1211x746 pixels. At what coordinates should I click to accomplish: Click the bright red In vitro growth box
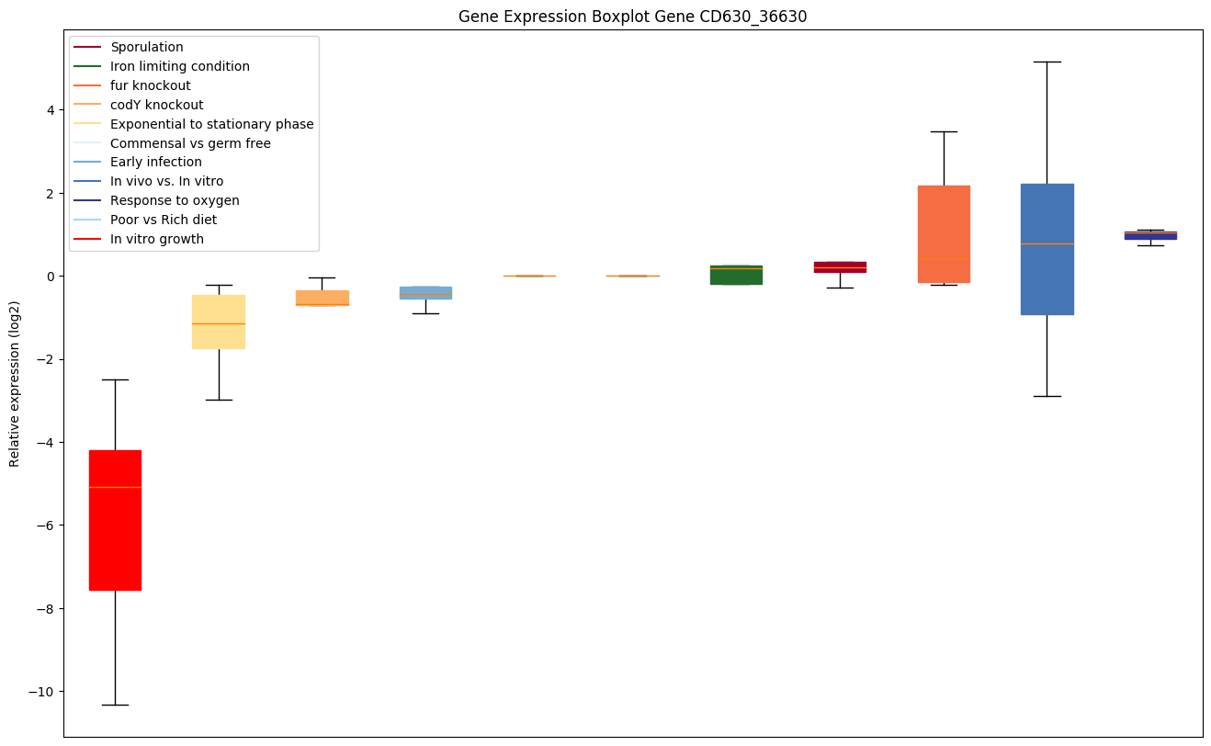[115, 533]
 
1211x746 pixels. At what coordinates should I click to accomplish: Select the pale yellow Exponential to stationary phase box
[219, 322]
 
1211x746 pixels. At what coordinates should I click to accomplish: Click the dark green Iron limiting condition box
[736, 275]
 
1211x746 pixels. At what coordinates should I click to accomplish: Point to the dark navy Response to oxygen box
[1150, 235]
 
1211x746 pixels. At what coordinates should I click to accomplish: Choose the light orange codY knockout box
[322, 298]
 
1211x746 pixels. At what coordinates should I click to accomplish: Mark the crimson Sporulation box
[840, 267]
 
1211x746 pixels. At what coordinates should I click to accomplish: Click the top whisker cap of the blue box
[1047, 62]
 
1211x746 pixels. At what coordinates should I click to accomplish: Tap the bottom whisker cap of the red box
[115, 705]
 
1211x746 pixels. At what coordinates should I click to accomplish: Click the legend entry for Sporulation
[147, 47]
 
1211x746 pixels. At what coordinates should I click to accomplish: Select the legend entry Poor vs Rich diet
[164, 220]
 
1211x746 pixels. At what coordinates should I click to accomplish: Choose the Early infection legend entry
[156, 163]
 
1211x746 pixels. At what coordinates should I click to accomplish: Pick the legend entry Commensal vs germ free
[190, 143]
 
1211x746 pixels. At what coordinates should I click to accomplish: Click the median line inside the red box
[115, 487]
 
